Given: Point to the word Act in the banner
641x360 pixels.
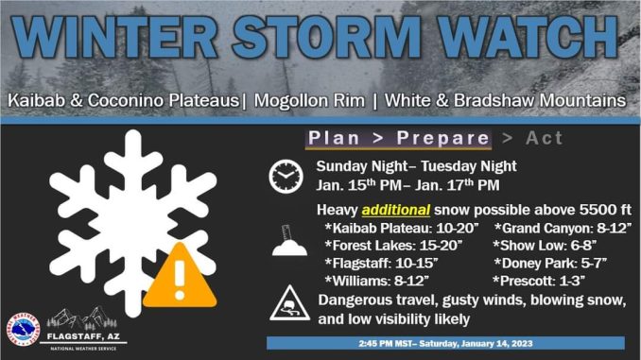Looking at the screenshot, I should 544,138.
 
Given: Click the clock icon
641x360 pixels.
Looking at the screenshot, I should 286,177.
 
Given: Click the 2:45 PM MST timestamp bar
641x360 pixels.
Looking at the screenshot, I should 445,342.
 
